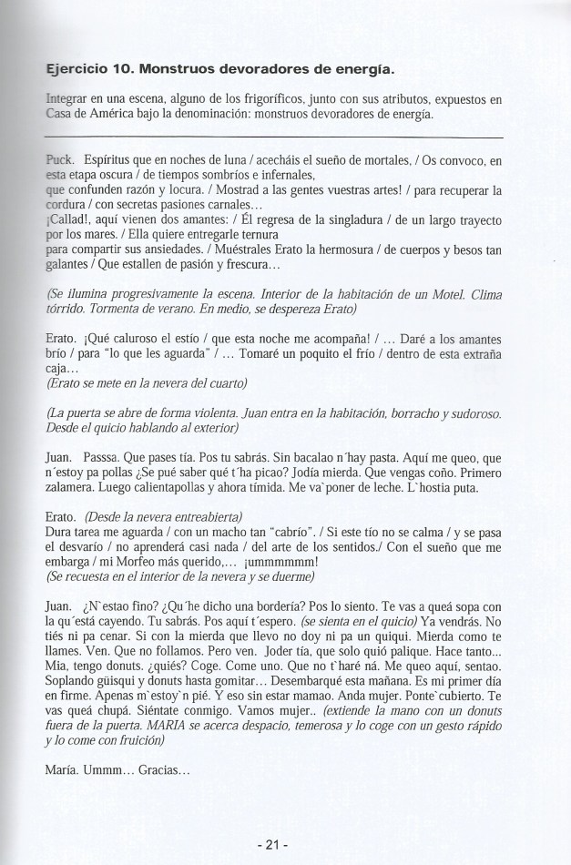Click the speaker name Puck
click(x=59, y=160)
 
